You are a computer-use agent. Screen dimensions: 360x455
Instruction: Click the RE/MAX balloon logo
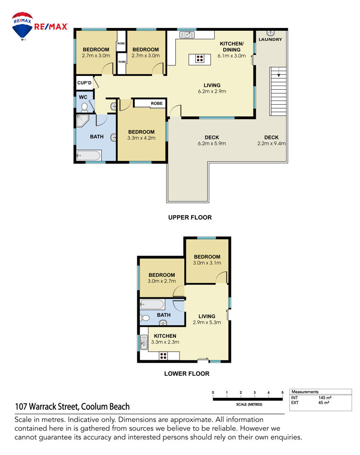click(x=22, y=26)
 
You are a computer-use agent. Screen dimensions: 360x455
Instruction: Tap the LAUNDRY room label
click(x=270, y=39)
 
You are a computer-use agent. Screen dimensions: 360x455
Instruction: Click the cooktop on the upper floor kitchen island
click(x=199, y=59)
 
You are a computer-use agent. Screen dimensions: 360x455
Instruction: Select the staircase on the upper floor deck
click(x=278, y=91)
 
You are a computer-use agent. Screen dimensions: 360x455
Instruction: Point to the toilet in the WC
click(x=84, y=107)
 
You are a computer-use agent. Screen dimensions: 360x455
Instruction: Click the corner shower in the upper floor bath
click(x=82, y=121)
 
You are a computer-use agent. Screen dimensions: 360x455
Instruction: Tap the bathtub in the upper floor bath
click(x=89, y=156)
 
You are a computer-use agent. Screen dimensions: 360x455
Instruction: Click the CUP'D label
click(x=84, y=83)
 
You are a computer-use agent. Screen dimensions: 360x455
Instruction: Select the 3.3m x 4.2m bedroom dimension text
click(x=142, y=138)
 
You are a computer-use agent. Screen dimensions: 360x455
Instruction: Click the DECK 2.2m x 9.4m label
click(x=271, y=140)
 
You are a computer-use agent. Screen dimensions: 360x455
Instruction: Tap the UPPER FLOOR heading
click(x=190, y=217)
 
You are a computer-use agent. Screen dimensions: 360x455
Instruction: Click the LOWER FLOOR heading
click(x=187, y=373)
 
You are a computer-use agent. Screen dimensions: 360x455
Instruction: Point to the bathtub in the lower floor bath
click(x=152, y=305)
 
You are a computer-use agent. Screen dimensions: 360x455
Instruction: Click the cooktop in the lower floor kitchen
click(x=163, y=356)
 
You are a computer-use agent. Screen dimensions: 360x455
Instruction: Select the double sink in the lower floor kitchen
click(x=144, y=342)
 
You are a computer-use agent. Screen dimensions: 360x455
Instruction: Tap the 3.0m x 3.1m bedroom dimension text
click(x=207, y=263)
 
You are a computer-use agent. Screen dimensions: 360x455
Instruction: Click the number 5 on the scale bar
click(x=282, y=393)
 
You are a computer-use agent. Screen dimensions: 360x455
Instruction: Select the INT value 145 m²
click(x=325, y=397)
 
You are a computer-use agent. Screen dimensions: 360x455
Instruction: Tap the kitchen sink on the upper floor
click(x=187, y=35)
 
